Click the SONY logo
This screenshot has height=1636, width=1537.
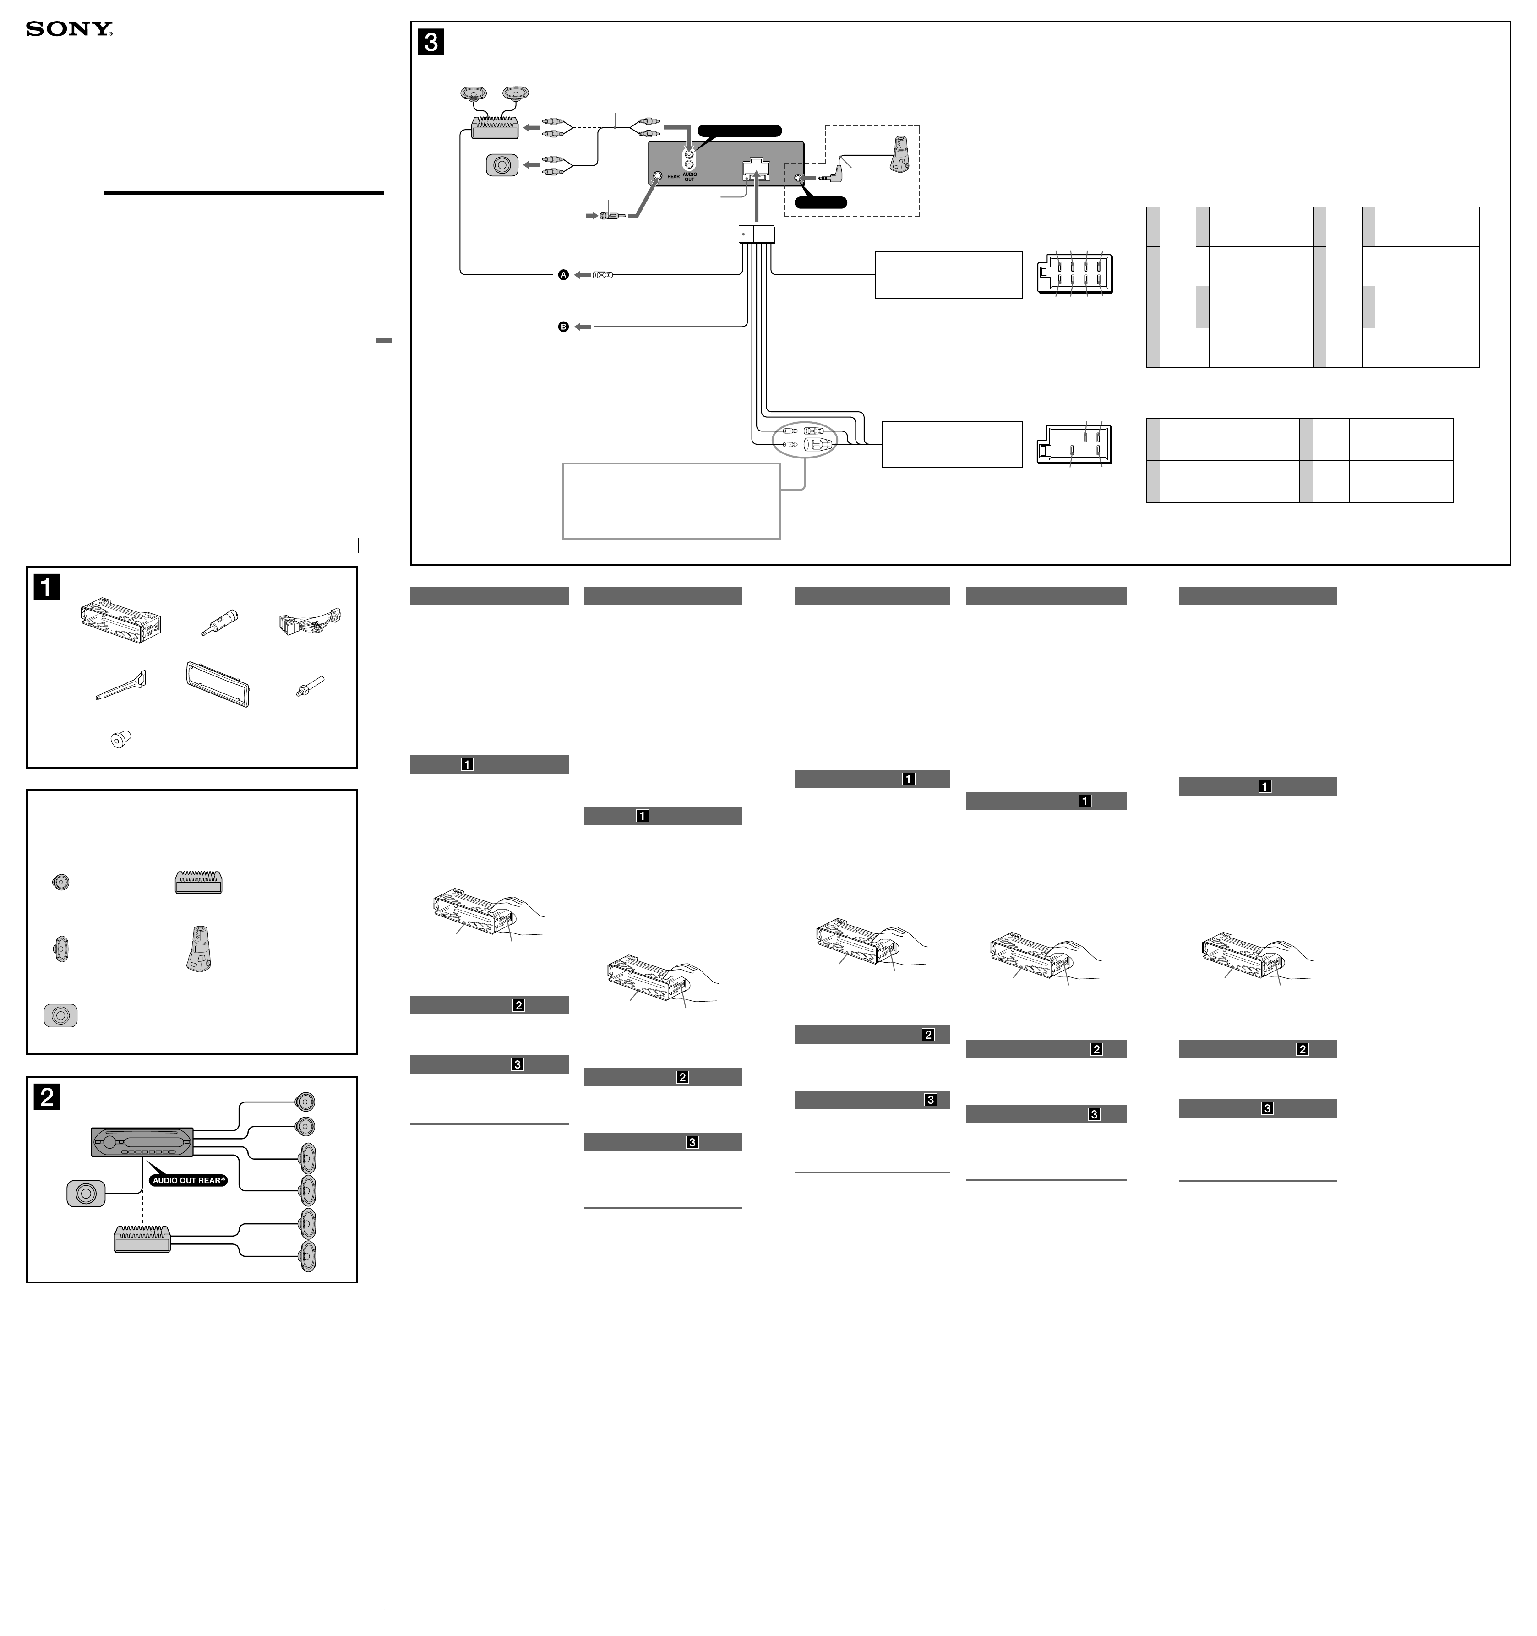tap(69, 30)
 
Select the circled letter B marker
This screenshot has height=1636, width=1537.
tap(564, 327)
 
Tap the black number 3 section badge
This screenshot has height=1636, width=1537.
tap(431, 41)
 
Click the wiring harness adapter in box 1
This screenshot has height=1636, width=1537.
tap(310, 623)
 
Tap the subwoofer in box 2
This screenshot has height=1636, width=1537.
tap(86, 1193)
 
